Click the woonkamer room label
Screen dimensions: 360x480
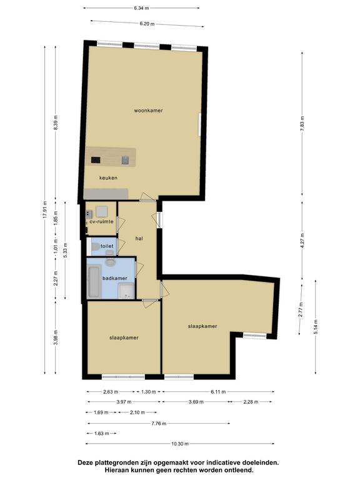pyautogui.click(x=148, y=111)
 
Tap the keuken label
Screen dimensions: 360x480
pyautogui.click(x=108, y=178)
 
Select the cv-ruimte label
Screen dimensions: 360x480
pyautogui.click(x=101, y=222)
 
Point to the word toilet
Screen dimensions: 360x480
pyautogui.click(x=107, y=246)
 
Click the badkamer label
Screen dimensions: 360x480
pyautogui.click(x=115, y=278)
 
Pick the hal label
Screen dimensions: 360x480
pyautogui.click(x=139, y=239)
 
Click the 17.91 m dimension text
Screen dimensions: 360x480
pyautogui.click(x=45, y=210)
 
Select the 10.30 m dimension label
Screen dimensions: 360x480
pyautogui.click(x=180, y=444)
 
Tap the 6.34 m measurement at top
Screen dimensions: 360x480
pyautogui.click(x=141, y=8)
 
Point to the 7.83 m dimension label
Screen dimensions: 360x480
pyautogui.click(x=302, y=124)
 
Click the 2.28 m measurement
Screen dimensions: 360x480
pyautogui.click(x=251, y=402)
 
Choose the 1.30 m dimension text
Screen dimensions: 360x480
pyautogui.click(x=149, y=392)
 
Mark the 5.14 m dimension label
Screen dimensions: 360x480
pyautogui.click(x=316, y=327)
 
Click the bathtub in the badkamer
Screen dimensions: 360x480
pyautogui.click(x=94, y=282)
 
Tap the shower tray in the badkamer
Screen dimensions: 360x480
pyautogui.click(x=126, y=291)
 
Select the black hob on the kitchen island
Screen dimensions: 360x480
pyautogui.click(x=96, y=160)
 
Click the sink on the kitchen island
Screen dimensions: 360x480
pyautogui.click(x=125, y=160)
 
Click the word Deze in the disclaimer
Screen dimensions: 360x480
pyautogui.click(x=85, y=462)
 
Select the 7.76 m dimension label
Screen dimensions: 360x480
pyautogui.click(x=159, y=424)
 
